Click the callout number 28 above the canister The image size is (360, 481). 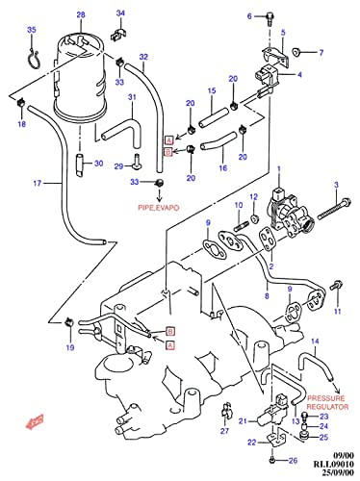[x=81, y=14]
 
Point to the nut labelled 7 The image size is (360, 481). [x=296, y=51]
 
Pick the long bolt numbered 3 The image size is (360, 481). [x=334, y=210]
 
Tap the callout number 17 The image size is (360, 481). [x=38, y=183]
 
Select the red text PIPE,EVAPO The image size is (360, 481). [x=159, y=208]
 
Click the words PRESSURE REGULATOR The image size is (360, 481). [x=327, y=402]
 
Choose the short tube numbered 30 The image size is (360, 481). [x=80, y=165]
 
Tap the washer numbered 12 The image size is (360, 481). [x=255, y=218]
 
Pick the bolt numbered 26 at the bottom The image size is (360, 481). [x=271, y=460]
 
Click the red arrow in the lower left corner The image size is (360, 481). [x=35, y=421]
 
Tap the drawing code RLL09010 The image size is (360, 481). [x=334, y=464]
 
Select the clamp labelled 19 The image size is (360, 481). [x=68, y=322]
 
